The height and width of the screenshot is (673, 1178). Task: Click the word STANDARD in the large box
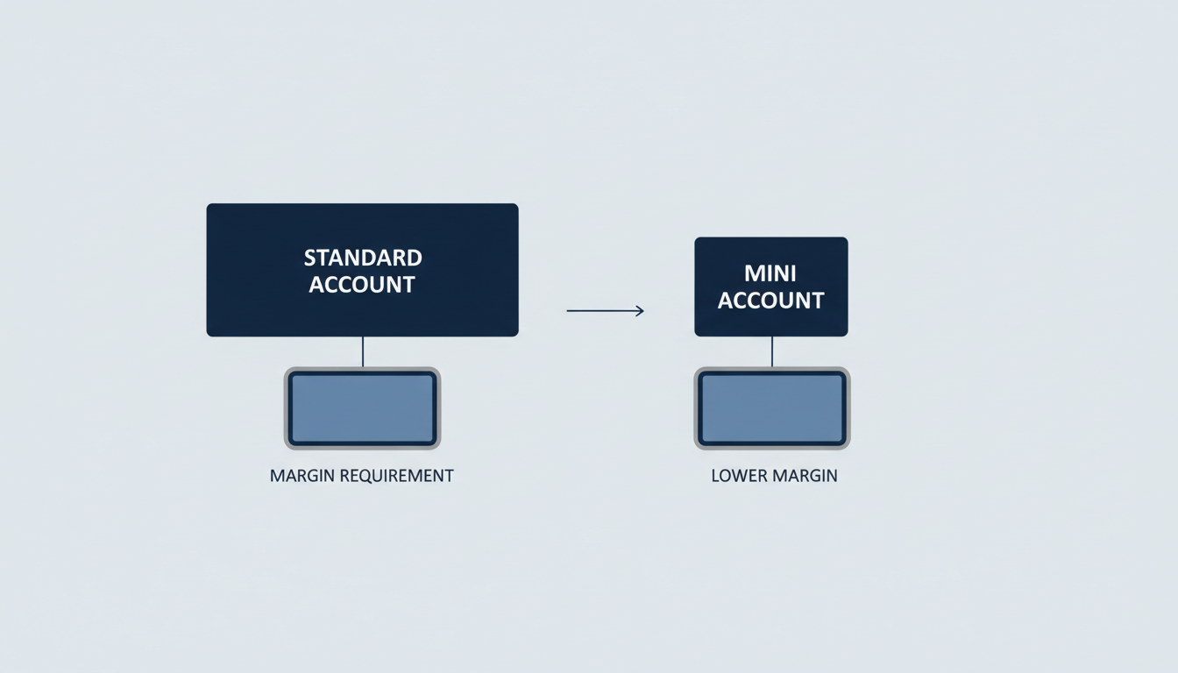pos(363,258)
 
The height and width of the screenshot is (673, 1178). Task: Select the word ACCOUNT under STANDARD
pos(362,285)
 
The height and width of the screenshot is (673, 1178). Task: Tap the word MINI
pos(770,273)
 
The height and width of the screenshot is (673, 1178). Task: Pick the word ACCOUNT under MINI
pos(770,301)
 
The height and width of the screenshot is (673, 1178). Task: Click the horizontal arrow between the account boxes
pos(606,311)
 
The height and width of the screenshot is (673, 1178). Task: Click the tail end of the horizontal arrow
pos(567,311)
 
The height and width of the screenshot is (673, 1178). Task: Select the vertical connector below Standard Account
pos(363,351)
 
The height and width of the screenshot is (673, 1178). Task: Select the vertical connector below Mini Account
pos(772,351)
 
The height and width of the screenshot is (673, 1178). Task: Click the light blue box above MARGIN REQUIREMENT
pos(362,408)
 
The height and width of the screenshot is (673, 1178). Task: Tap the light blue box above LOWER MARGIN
pos(772,408)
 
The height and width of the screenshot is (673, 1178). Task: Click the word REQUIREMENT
pos(396,476)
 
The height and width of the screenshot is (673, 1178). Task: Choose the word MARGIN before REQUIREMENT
pos(302,476)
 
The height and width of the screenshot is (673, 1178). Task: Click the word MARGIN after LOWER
pos(805,476)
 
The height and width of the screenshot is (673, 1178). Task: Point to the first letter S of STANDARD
pos(310,258)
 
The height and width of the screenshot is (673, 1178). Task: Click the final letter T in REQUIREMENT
pos(449,476)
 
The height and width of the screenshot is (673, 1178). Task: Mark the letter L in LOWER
pos(716,476)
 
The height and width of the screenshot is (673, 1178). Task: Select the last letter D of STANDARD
pos(415,258)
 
